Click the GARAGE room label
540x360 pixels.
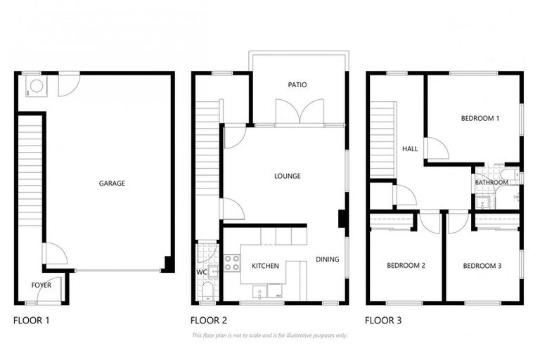111,184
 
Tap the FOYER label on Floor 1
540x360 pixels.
41,285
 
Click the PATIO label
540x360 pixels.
297,85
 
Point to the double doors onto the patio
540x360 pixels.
300,112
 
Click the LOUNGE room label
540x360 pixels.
288,176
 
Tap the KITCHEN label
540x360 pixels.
265,266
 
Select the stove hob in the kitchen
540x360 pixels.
232,263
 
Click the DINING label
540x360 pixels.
327,259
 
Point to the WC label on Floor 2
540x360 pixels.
201,271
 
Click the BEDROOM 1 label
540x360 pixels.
480,119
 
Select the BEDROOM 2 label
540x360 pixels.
406,266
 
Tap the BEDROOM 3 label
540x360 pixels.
482,266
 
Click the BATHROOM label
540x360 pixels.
491,183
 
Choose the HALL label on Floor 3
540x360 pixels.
410,149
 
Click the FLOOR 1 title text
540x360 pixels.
32,321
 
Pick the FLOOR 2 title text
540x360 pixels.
208,321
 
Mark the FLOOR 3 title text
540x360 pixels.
383,321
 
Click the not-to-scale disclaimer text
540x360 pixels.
269,335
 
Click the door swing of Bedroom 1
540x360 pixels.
436,149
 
